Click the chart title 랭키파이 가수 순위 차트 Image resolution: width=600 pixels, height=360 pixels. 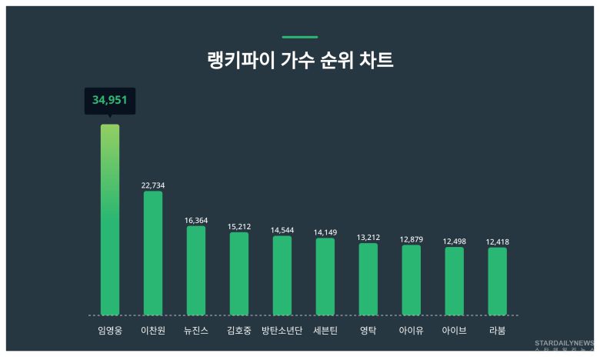click(300, 61)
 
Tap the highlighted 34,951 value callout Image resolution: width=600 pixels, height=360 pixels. click(110, 100)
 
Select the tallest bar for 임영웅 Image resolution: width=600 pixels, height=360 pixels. click(110, 219)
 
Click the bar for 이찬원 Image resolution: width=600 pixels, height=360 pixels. click(153, 253)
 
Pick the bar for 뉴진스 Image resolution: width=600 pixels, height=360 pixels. click(196, 270)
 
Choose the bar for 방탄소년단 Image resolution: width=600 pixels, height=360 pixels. click(282, 275)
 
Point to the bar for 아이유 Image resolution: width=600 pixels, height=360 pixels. click(412, 280)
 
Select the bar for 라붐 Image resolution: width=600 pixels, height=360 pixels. click(498, 281)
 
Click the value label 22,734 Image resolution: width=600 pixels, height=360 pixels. click(153, 185)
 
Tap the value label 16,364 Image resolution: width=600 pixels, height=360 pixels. click(196, 221)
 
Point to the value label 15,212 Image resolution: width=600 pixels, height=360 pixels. click(239, 227)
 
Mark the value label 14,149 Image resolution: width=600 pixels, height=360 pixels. click(325, 232)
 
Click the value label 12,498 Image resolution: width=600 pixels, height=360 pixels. click(455, 242)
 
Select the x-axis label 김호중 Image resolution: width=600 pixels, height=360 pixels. click(239, 332)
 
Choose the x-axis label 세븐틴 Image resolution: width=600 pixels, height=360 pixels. click(325, 332)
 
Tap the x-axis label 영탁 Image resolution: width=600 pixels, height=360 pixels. click(368, 332)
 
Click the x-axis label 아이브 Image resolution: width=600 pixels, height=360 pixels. click(455, 332)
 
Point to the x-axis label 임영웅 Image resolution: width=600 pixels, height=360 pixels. click(110, 332)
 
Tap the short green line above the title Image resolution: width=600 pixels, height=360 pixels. click(300, 37)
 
